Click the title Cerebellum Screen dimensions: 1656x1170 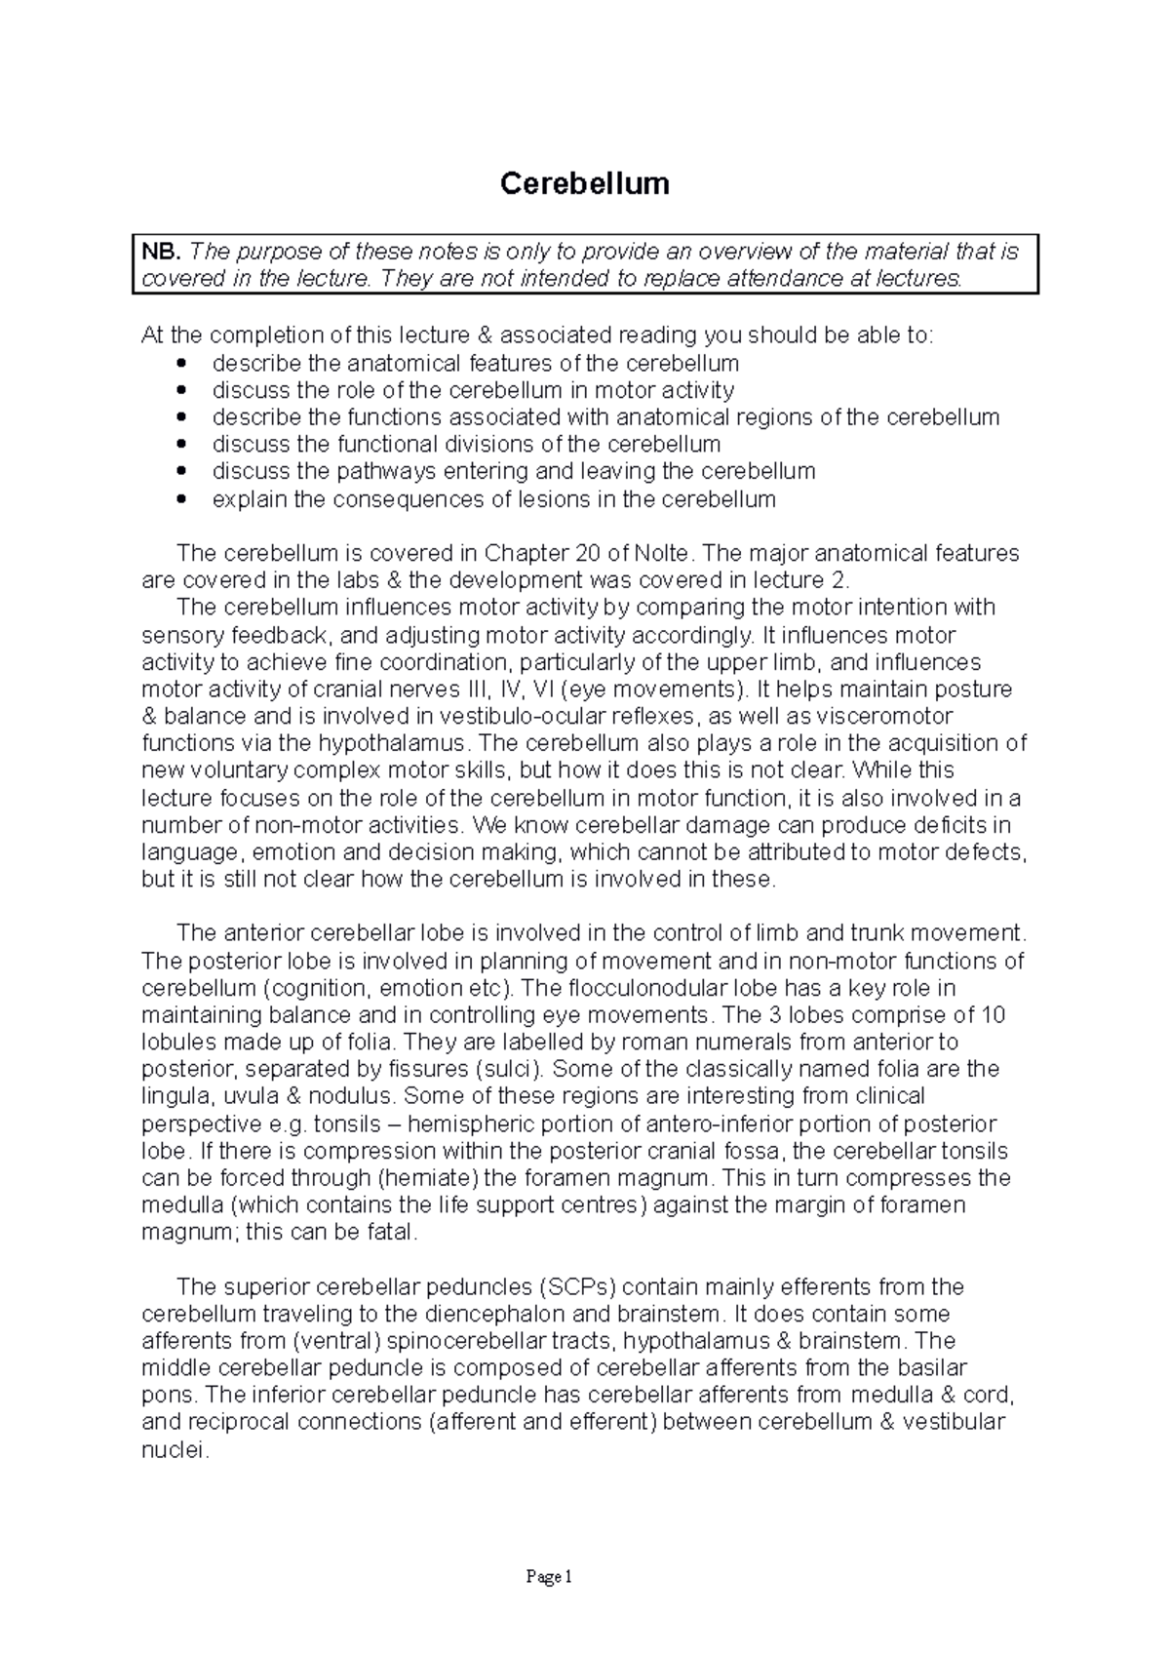click(x=584, y=183)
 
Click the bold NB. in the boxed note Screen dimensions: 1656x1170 click(x=161, y=252)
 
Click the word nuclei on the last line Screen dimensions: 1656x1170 click(x=175, y=1450)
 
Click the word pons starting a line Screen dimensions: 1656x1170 click(x=164, y=1396)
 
